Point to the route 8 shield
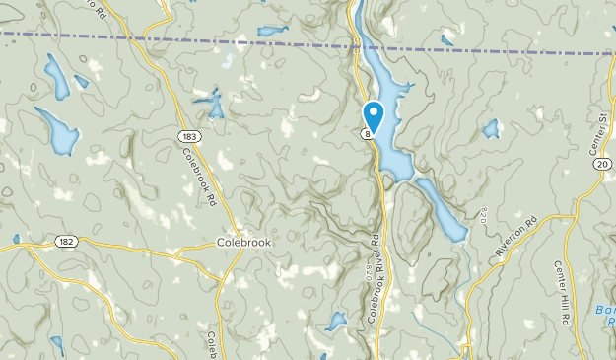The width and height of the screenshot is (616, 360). [x=366, y=134]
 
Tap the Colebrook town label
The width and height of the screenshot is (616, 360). [x=242, y=242]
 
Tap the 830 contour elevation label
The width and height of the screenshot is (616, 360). [x=483, y=213]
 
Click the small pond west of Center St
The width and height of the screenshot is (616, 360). [x=490, y=128]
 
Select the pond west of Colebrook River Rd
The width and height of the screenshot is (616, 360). [x=336, y=321]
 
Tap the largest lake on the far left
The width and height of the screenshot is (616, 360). [x=57, y=131]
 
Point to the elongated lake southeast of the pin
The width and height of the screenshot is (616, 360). [x=442, y=209]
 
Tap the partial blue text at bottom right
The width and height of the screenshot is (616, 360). [x=603, y=316]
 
